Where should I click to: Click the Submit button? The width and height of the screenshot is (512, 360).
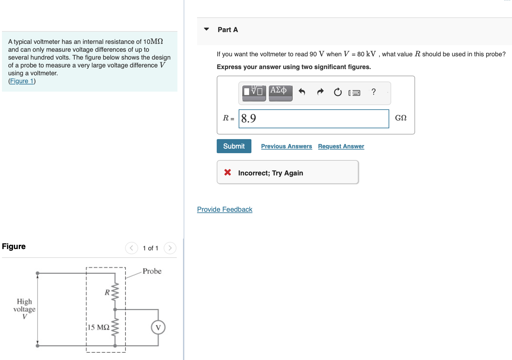click(x=234, y=146)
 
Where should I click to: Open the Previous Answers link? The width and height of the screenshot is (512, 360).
click(x=286, y=146)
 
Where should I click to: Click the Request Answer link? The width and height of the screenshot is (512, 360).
click(x=341, y=146)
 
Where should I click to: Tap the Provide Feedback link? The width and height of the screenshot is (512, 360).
click(x=225, y=209)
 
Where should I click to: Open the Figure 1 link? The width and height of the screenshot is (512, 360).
click(x=22, y=81)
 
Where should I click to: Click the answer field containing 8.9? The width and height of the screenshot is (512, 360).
click(x=314, y=118)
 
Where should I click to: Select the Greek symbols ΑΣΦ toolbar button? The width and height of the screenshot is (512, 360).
click(x=280, y=92)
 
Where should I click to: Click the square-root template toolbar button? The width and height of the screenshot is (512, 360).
click(x=254, y=92)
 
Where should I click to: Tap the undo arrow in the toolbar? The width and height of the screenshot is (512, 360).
click(x=302, y=92)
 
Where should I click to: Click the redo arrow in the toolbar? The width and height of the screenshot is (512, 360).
click(x=320, y=92)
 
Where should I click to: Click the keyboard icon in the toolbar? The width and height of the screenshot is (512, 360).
click(x=355, y=93)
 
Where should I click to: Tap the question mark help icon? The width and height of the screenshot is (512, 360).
click(x=374, y=92)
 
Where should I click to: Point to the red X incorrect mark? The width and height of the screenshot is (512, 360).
click(x=228, y=172)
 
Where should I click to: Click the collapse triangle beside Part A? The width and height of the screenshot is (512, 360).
click(x=206, y=29)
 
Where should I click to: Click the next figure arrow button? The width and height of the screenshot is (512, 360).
click(x=170, y=248)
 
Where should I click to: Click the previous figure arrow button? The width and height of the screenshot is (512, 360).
click(x=131, y=248)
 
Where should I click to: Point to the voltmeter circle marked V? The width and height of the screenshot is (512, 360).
click(x=158, y=328)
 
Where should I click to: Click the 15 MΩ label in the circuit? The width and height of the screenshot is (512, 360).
click(x=99, y=327)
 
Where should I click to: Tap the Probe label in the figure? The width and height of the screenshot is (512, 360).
click(x=152, y=271)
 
